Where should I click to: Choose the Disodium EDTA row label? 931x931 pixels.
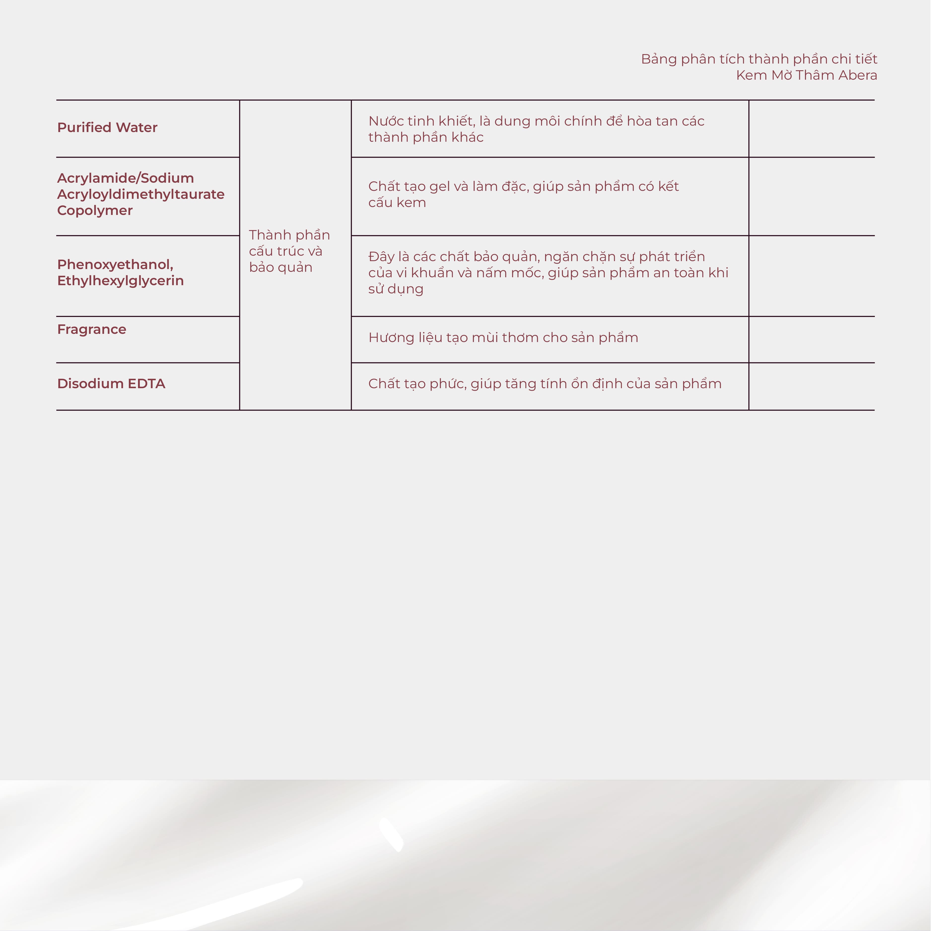click(x=111, y=383)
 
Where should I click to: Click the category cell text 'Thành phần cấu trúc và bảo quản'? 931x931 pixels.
click(x=289, y=251)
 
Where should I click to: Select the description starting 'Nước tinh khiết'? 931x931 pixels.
click(x=536, y=129)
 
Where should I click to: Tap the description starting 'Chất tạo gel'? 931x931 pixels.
click(x=523, y=194)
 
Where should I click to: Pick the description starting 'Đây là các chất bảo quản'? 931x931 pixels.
click(x=548, y=273)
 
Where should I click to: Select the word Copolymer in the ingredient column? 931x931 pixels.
click(x=95, y=210)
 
